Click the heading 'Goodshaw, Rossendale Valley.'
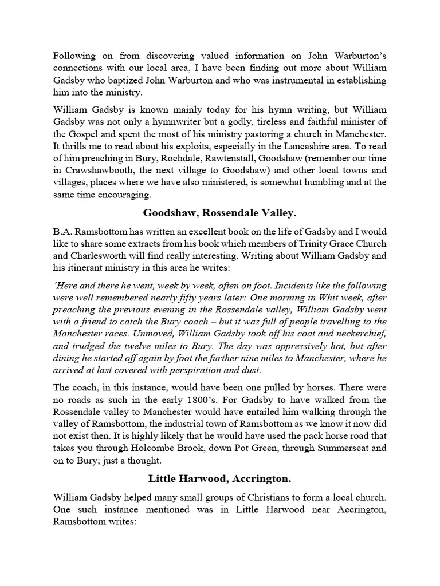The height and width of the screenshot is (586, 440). pyautogui.click(x=219, y=213)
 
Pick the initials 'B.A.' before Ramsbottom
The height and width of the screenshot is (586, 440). pyautogui.click(x=62, y=232)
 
